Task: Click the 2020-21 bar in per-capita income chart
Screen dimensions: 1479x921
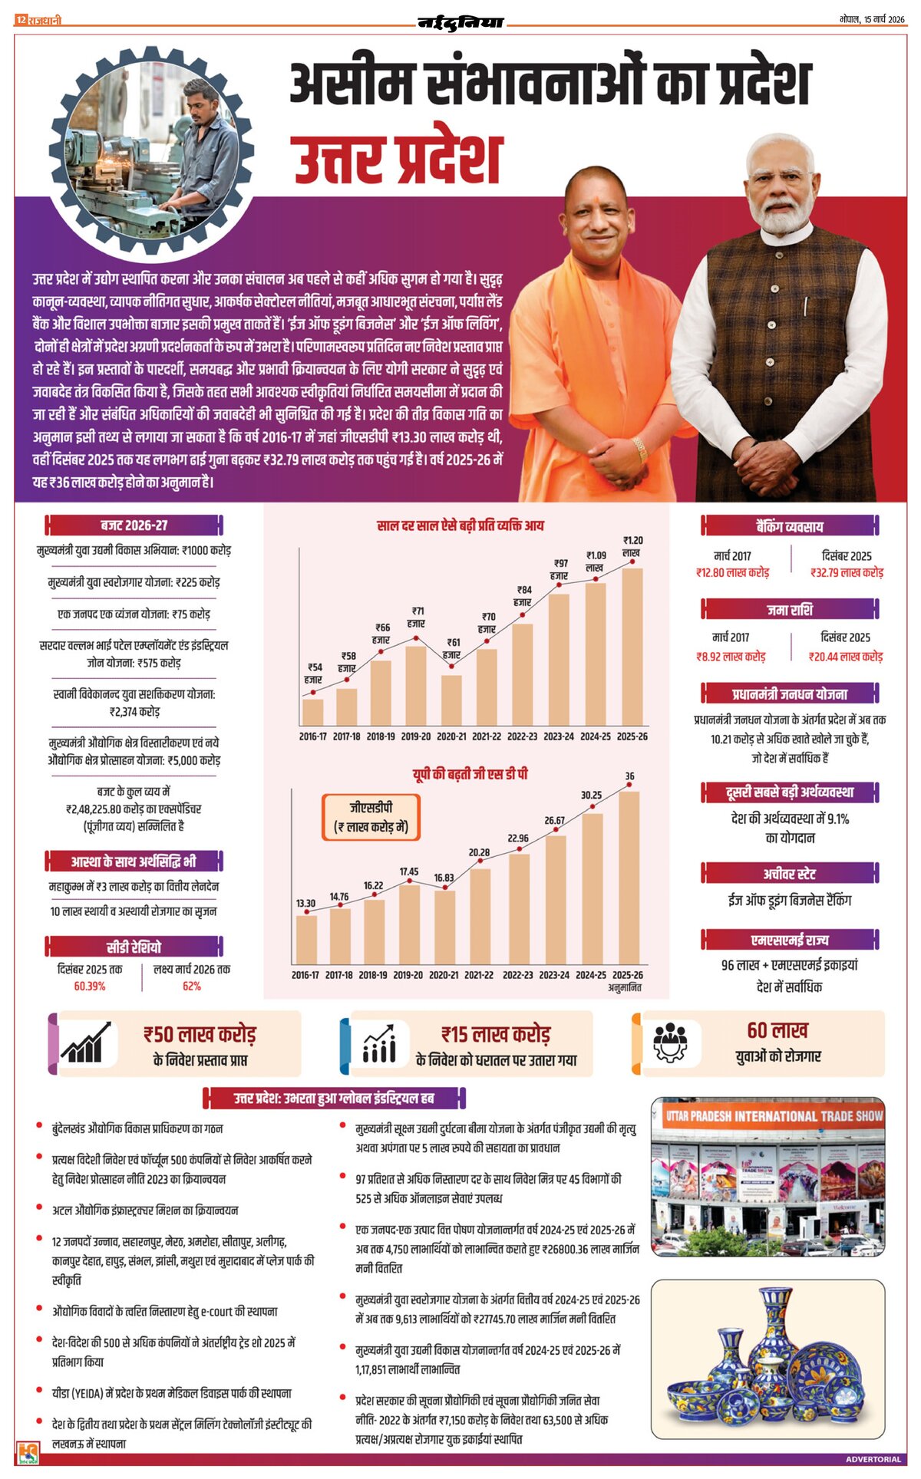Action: tap(451, 700)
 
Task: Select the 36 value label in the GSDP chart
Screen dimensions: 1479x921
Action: tap(629, 776)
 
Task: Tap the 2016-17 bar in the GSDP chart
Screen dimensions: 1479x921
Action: tap(306, 938)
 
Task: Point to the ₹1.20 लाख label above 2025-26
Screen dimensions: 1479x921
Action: tap(632, 546)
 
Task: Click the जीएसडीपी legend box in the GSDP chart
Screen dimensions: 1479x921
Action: tap(371, 817)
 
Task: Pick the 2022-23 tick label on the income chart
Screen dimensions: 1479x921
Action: tap(522, 736)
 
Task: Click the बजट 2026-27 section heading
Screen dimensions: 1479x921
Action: tap(134, 525)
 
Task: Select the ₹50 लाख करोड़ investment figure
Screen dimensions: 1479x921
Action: tap(200, 1035)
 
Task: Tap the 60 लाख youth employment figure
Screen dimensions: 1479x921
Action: tap(777, 1030)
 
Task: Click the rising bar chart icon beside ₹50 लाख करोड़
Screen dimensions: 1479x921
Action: tap(85, 1043)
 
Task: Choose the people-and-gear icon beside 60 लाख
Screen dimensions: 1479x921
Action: tap(670, 1043)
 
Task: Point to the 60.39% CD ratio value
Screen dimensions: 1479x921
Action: tap(90, 987)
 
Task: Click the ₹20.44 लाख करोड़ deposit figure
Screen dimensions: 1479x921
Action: tap(846, 657)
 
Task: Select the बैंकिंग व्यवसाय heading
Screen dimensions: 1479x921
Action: tap(789, 526)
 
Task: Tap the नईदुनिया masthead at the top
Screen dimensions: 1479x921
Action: tap(460, 22)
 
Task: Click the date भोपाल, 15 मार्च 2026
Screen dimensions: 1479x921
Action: tap(872, 19)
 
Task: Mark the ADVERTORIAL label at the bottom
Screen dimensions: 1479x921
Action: tap(873, 1459)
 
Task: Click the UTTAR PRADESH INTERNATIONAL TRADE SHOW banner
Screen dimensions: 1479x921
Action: tap(774, 1116)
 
